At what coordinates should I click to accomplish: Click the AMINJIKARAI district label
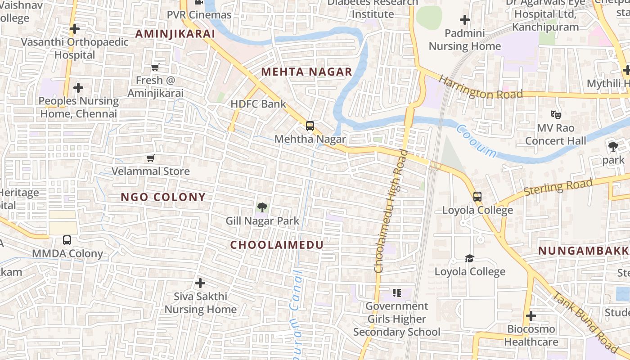[175, 34]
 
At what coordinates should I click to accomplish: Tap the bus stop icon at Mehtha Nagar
[310, 126]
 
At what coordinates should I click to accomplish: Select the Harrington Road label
[480, 88]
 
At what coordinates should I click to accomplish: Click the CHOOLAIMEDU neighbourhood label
[277, 245]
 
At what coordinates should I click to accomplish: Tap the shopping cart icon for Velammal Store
[151, 158]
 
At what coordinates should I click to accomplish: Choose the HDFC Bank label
[258, 104]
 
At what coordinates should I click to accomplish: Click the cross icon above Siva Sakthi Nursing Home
[200, 283]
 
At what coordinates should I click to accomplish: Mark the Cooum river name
[476, 141]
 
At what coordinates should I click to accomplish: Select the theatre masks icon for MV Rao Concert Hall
[556, 115]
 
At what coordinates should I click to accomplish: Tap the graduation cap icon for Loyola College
[469, 258]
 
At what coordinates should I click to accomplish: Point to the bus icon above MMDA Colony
[67, 240]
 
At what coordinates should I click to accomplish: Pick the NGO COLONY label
[163, 197]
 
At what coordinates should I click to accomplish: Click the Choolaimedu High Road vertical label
[391, 211]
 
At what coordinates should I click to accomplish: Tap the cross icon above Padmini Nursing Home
[465, 20]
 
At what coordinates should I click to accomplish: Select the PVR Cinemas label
[199, 15]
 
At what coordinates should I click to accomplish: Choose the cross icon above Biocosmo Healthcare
[531, 316]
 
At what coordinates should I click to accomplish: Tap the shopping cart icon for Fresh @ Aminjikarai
[155, 67]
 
